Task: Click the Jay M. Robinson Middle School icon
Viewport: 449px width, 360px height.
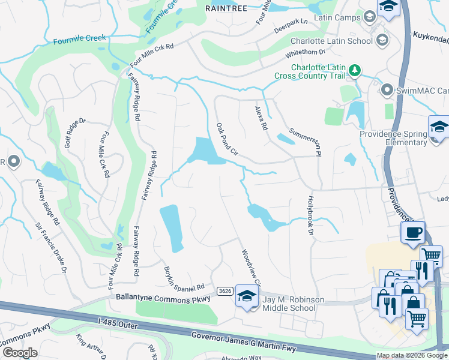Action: click(246, 297)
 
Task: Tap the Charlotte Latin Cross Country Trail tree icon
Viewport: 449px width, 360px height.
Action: click(355, 71)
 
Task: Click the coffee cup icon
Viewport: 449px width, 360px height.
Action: click(414, 232)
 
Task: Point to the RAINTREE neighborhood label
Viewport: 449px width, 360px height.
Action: click(226, 8)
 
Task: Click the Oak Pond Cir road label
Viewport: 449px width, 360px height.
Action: click(228, 139)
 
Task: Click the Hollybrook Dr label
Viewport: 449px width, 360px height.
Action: click(311, 211)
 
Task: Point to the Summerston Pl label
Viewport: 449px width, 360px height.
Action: click(302, 141)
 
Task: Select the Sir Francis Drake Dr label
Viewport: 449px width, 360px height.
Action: click(50, 248)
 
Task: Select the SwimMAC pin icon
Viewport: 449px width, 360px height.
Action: click(387, 91)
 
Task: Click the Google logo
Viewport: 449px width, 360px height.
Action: click(20, 352)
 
